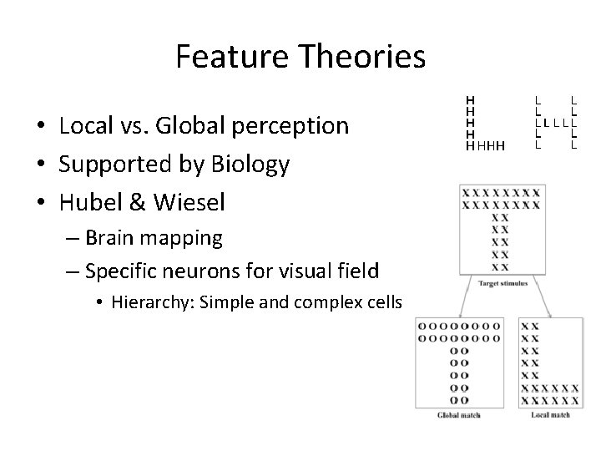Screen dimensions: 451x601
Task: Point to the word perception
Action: (290, 126)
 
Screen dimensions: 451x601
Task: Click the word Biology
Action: (252, 165)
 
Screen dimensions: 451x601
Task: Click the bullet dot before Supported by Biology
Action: (40, 165)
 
